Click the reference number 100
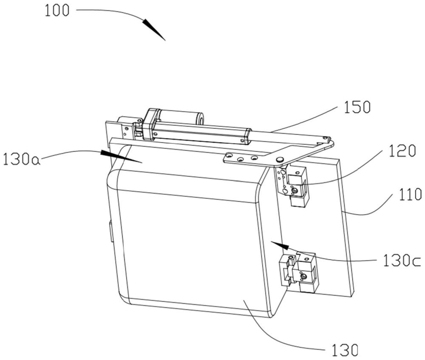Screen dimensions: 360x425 point(57,11)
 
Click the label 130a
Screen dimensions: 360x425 point(20,161)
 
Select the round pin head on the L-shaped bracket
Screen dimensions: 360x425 point(279,159)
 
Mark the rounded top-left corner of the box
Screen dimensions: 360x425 point(114,177)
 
